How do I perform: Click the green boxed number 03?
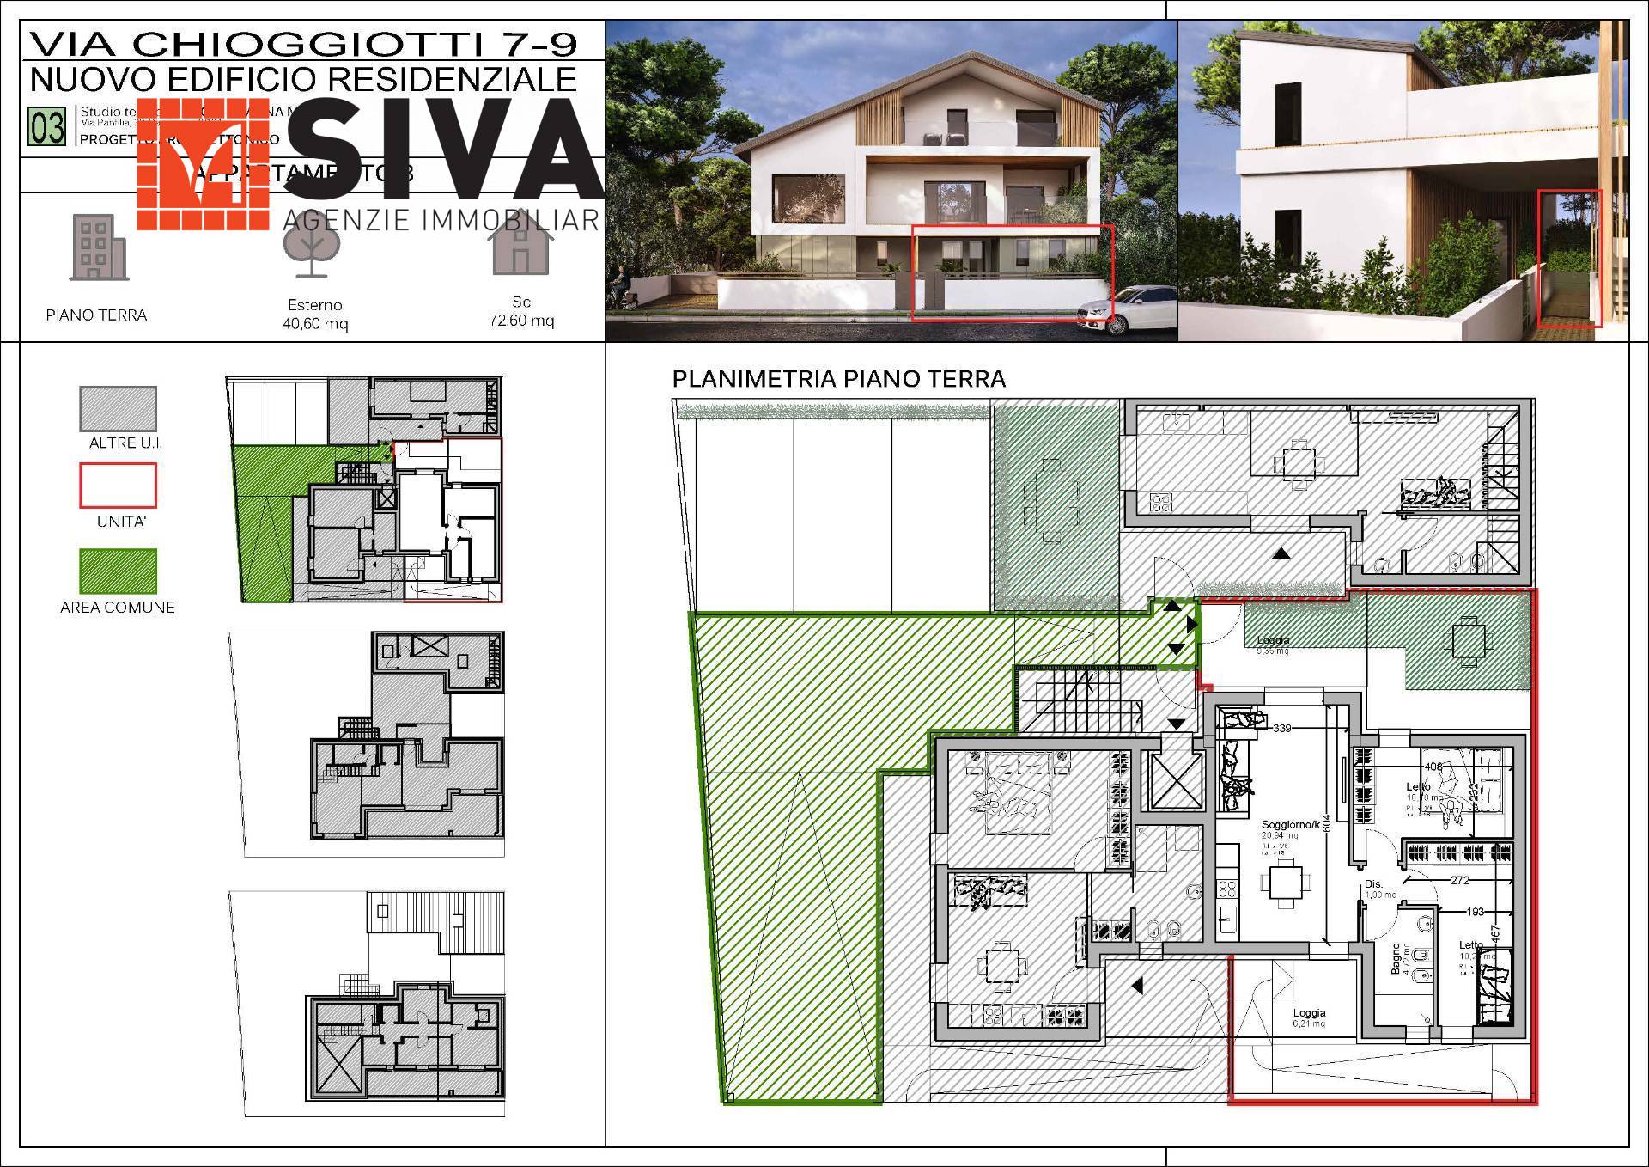(x=47, y=127)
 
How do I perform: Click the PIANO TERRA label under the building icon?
(x=96, y=315)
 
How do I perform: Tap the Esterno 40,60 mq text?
(x=315, y=315)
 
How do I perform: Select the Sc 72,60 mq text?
(x=521, y=311)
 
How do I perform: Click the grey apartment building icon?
(x=98, y=247)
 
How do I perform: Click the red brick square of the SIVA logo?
(x=203, y=163)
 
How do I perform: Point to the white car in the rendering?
(x=1125, y=311)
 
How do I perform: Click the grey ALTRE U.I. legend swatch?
(x=118, y=408)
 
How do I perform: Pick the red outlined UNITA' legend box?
(x=118, y=486)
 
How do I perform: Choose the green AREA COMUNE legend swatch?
(x=118, y=571)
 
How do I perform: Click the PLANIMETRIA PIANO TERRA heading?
(x=838, y=379)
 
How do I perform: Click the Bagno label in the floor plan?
(x=1396, y=958)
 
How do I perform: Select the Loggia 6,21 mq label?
(x=1309, y=1017)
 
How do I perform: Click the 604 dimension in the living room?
(x=1326, y=823)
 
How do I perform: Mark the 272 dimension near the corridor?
(x=1459, y=880)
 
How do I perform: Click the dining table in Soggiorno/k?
(x=1285, y=883)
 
